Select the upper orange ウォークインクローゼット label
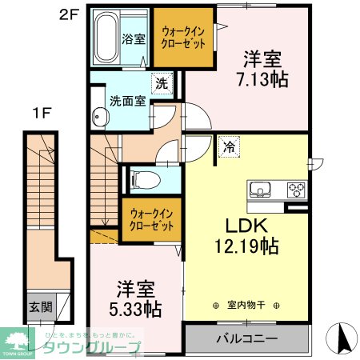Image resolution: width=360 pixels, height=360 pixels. tap(182, 37)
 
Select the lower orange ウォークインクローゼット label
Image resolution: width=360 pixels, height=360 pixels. tap(153, 219)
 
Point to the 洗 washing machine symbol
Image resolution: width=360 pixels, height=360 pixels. tap(162, 82)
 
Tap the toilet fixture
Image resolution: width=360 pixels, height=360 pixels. tap(145, 178)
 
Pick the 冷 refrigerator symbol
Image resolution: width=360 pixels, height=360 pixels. tap(229, 146)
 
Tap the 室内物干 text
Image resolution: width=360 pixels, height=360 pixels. tap(246, 305)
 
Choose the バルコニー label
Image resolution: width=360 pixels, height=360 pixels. tap(246, 338)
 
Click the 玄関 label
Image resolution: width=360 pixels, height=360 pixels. tap(41, 306)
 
